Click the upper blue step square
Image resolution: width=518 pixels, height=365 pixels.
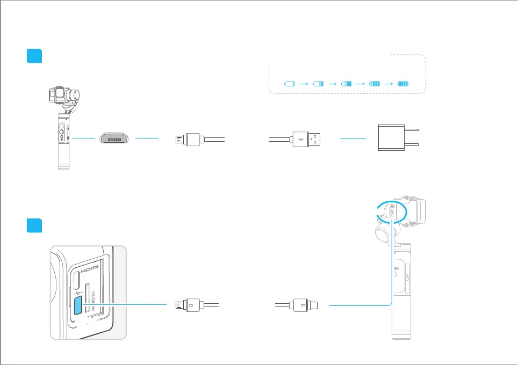[34, 56]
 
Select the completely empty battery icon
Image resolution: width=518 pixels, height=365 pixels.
[290, 84]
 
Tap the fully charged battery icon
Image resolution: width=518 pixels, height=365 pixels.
[403, 84]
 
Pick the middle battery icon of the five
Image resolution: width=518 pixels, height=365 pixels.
[346, 84]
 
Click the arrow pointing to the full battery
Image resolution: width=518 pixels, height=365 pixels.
[388, 84]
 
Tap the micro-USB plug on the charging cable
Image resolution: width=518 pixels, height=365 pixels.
[188, 140]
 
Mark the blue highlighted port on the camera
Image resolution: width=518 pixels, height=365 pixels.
[78, 304]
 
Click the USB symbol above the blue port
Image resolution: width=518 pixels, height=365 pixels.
[77, 290]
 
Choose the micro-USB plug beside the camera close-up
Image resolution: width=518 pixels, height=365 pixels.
[188, 305]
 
